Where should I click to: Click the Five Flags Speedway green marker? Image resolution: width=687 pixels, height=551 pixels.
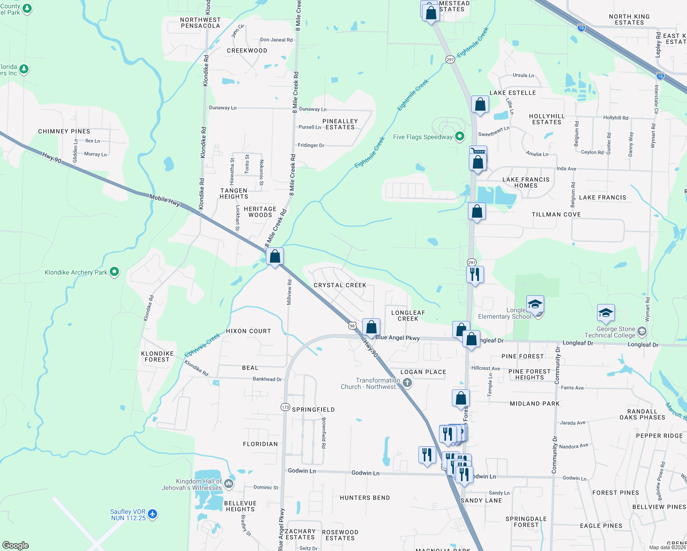point(459,136)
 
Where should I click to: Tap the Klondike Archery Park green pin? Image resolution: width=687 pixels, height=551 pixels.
point(114,272)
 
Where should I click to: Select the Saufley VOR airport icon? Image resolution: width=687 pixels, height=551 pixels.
point(153,514)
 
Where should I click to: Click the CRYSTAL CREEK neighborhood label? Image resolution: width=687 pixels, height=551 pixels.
point(340,285)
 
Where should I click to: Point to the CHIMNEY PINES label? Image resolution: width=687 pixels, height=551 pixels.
point(64,131)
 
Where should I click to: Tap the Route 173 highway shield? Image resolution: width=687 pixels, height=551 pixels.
point(285,407)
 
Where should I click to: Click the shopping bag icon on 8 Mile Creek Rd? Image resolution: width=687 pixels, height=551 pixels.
point(275,257)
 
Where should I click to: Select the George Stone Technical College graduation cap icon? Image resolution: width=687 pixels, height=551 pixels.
point(606,313)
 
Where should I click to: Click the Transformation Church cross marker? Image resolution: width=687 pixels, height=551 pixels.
point(407,382)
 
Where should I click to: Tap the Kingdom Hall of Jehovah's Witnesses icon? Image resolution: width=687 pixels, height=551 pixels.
point(228,484)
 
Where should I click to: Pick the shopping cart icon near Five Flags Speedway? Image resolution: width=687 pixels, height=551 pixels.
point(478,151)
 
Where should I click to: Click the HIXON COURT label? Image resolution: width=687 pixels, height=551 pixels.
point(248,331)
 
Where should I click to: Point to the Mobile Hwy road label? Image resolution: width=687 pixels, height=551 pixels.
point(164,200)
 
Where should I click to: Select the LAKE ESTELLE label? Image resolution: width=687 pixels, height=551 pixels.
point(512,93)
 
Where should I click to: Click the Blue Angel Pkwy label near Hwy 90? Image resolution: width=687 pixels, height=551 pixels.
point(397,337)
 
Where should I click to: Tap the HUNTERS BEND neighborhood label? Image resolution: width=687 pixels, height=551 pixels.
point(365,498)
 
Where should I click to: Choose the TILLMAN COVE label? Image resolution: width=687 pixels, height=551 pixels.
point(556,214)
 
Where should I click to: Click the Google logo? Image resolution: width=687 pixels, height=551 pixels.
point(16,545)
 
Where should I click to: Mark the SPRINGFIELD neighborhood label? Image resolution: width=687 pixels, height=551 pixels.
point(313,410)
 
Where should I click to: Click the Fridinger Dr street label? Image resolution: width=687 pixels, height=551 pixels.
point(311,145)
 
